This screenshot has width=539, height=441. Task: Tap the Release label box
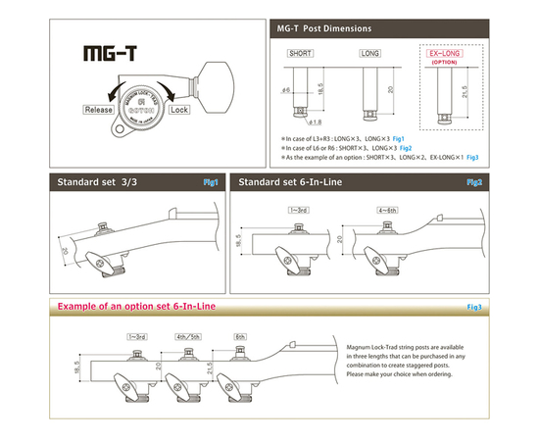101,111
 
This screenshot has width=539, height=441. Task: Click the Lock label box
179,111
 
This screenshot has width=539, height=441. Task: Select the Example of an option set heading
136,307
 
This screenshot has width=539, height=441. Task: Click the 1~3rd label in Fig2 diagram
297,209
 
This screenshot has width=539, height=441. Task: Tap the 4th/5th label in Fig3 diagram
188,335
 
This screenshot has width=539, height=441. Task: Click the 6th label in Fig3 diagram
241,335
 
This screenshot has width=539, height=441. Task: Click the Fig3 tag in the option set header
474,308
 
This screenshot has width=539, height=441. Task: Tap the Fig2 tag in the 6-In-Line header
474,182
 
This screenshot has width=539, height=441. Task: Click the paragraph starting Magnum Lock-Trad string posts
412,362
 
